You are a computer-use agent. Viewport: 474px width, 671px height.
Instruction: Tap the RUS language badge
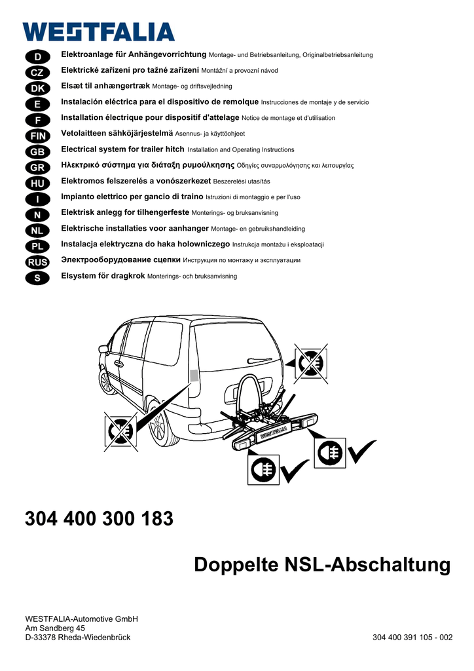(x=37, y=262)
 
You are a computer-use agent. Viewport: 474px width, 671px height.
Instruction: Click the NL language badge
(x=37, y=231)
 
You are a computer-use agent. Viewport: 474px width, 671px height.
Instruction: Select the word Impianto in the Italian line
(x=79, y=197)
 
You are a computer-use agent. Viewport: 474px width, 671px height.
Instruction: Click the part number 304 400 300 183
(x=99, y=519)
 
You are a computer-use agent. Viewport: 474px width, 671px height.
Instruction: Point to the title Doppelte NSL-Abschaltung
(x=322, y=565)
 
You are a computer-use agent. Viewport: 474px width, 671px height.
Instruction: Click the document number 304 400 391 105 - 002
(x=412, y=638)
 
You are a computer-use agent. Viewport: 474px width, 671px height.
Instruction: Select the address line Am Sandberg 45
(x=55, y=628)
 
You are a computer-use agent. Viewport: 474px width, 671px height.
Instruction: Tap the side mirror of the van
(x=102, y=349)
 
